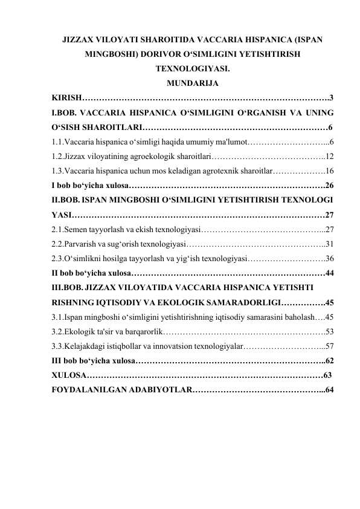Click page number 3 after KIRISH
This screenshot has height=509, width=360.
[x=332, y=98]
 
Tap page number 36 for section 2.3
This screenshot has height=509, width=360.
[x=330, y=259]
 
